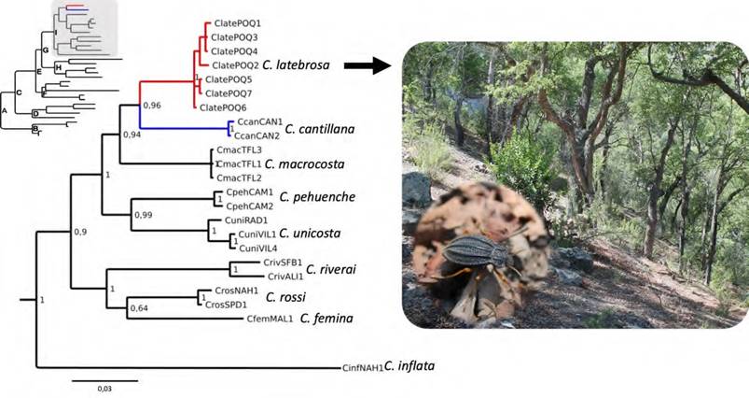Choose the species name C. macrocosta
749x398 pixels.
[x=305, y=164]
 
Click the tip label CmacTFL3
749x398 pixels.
[x=239, y=149]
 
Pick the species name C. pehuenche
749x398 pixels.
[x=308, y=198]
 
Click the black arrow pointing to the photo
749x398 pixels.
[x=367, y=65]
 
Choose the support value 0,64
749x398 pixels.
[x=140, y=308]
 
